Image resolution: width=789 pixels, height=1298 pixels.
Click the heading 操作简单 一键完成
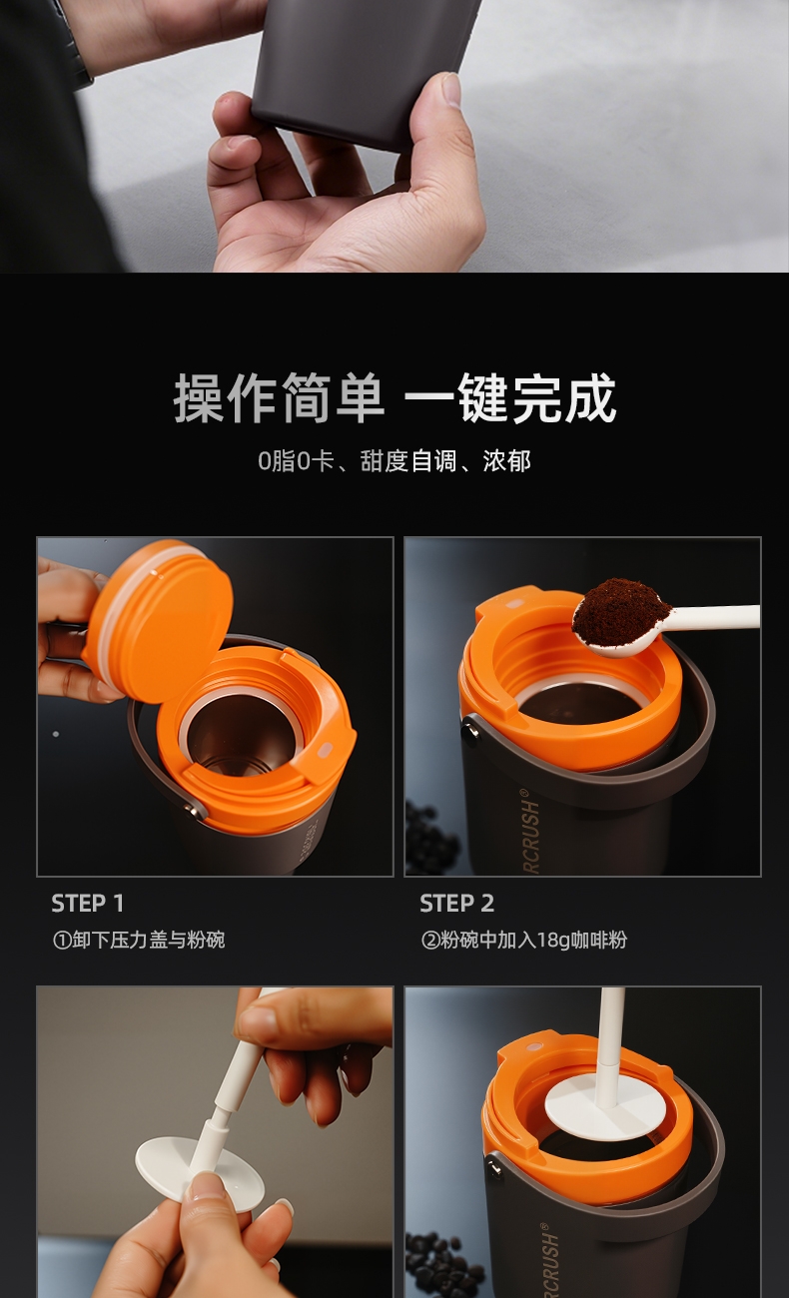(x=394, y=398)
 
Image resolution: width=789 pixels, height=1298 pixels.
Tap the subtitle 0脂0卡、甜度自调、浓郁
(x=394, y=461)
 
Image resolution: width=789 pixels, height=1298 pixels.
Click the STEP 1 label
(x=88, y=904)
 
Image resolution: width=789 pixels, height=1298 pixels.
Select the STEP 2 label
(x=456, y=904)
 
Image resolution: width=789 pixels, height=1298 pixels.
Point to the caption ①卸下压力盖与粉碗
(x=139, y=940)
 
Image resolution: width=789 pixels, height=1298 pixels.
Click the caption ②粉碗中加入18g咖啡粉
(x=524, y=940)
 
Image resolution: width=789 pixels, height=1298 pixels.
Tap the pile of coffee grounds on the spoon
(x=619, y=610)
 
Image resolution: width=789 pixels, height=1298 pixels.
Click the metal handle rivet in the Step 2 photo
(x=470, y=729)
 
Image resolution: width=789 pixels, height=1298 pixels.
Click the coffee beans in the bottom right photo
(x=443, y=1266)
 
